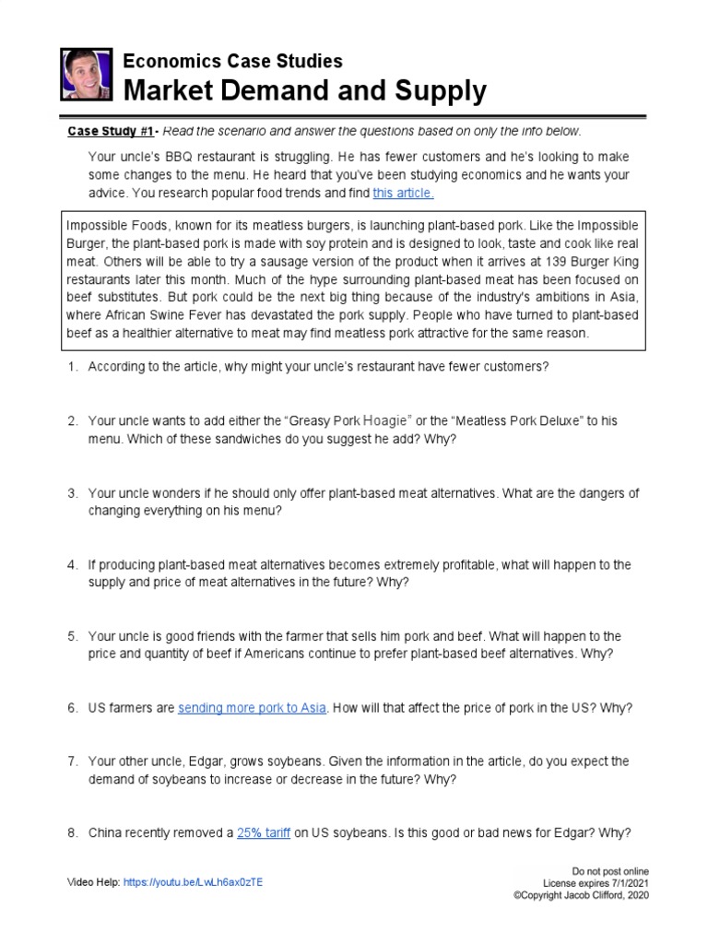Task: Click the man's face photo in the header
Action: (85, 75)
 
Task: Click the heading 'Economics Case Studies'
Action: (233, 61)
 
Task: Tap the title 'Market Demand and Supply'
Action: (304, 91)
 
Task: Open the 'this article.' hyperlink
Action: (403, 193)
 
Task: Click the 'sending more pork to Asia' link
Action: (252, 708)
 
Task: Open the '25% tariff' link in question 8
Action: (264, 832)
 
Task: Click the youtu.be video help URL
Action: (193, 881)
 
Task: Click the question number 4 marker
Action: (72, 565)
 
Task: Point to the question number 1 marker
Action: (72, 367)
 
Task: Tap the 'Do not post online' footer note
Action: (610, 871)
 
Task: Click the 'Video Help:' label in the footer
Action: (93, 881)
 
